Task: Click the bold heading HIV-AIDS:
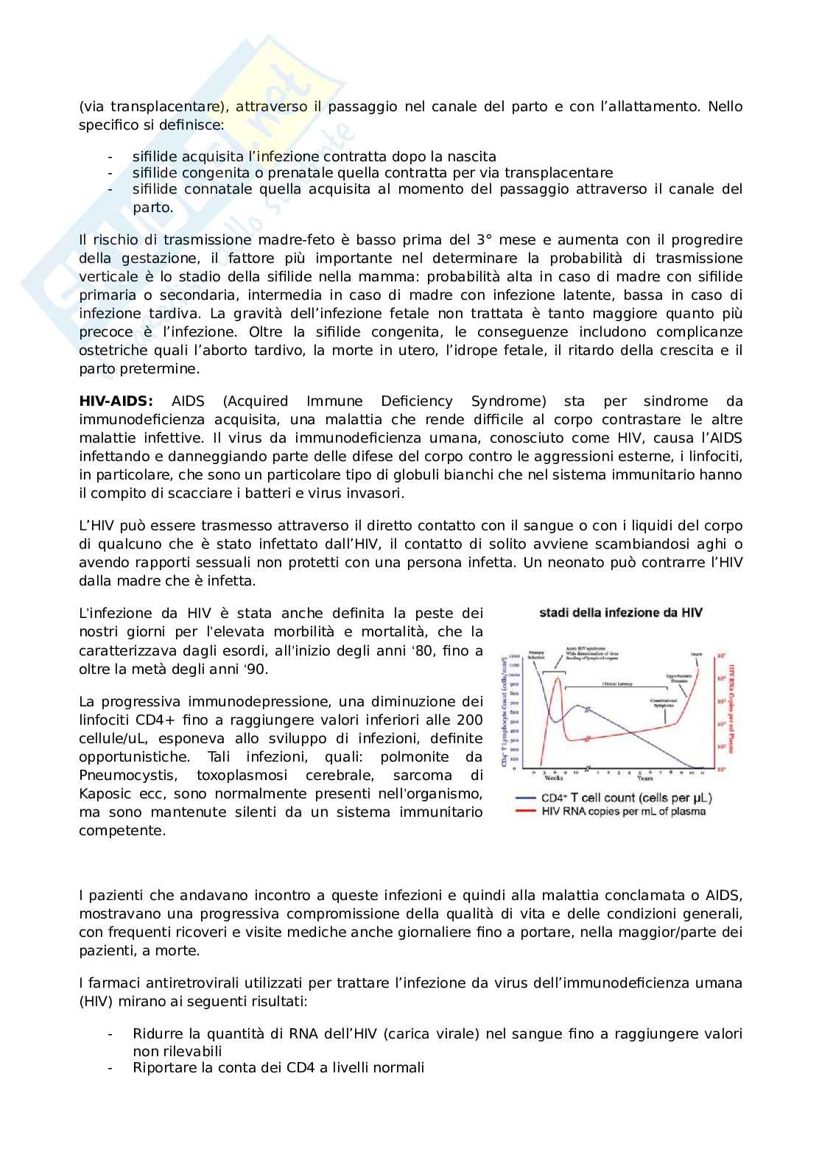coord(116,401)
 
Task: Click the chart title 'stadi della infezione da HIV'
coord(621,613)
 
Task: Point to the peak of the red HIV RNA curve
coord(558,678)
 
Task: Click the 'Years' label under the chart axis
coord(644,778)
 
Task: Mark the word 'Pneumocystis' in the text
coord(119,776)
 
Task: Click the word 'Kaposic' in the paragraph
coord(103,794)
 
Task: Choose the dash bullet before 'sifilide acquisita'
coord(110,157)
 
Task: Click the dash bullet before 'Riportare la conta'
coord(110,1067)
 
